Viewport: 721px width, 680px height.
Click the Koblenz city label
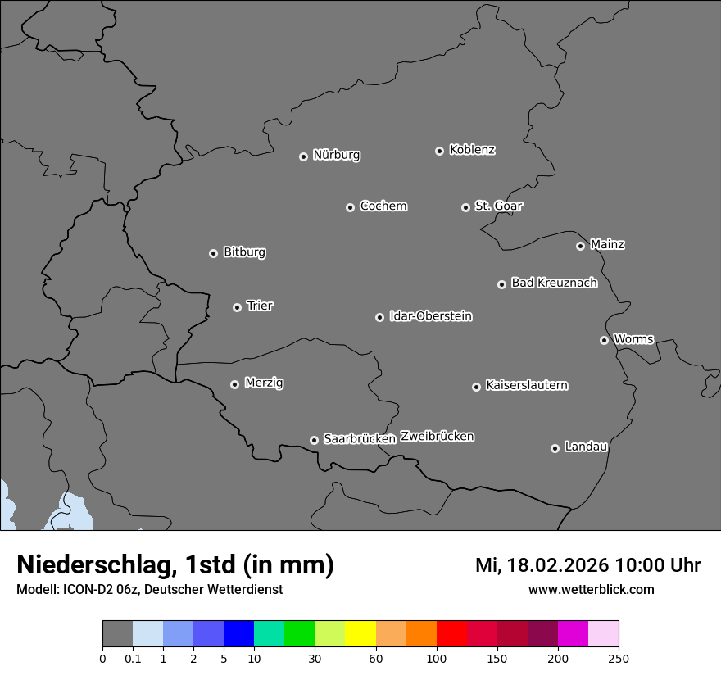coord(472,150)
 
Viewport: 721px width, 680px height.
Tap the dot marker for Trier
coord(238,307)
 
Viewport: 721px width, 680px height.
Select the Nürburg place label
coord(336,155)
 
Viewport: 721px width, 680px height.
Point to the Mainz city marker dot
coord(581,246)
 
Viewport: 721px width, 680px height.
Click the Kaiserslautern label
coord(526,385)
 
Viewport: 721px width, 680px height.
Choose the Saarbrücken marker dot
coord(314,440)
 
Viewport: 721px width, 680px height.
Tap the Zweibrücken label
coord(437,437)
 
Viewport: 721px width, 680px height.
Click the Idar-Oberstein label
coord(430,316)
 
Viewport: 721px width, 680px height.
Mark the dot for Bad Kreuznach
coord(502,284)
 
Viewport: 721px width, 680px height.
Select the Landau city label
coord(586,447)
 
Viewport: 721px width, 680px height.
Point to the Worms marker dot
coord(605,340)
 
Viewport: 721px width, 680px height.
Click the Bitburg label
coord(244,252)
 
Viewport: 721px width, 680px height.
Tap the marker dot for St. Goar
coord(466,207)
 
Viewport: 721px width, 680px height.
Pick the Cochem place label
coord(383,206)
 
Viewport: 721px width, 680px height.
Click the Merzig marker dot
coord(235,384)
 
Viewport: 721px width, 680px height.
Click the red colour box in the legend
coord(451,634)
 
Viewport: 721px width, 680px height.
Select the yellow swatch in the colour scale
coord(360,634)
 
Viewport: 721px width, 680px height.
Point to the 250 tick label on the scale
coord(618,658)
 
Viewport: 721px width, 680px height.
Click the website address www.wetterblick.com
coord(591,589)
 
